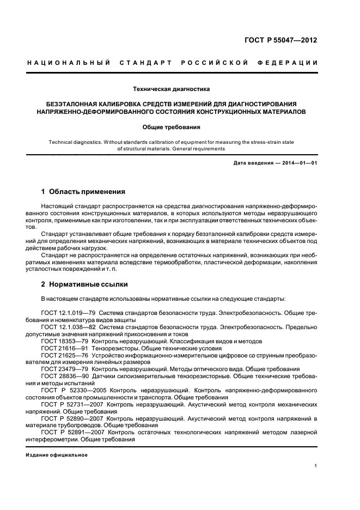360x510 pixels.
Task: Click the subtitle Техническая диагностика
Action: click(x=172, y=88)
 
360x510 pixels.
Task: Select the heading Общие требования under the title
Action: click(x=172, y=127)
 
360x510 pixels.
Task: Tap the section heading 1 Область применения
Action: click(x=83, y=192)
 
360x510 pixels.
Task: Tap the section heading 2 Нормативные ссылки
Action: click(x=83, y=284)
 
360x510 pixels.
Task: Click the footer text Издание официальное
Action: click(x=57, y=454)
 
